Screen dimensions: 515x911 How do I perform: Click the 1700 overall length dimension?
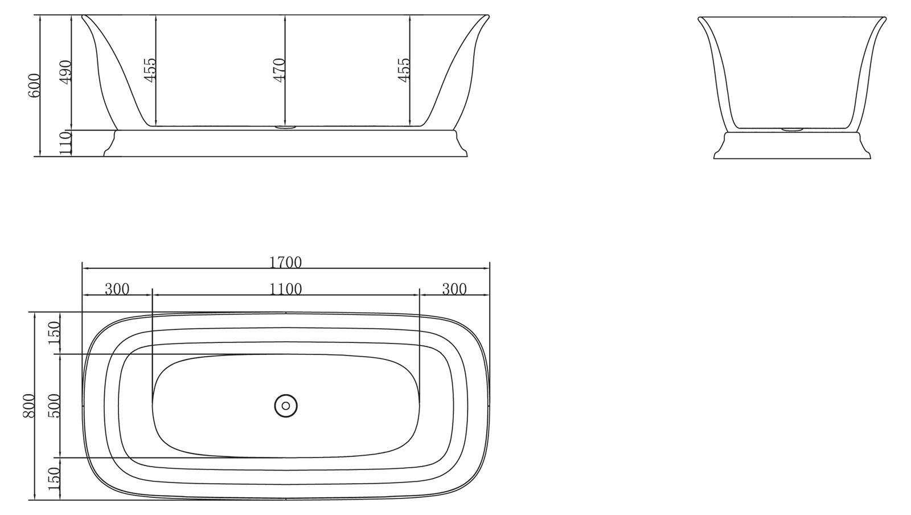(285, 262)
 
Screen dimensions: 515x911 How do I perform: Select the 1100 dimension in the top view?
(285, 289)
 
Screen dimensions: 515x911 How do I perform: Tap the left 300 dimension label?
(117, 289)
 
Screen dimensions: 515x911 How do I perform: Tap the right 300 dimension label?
(454, 289)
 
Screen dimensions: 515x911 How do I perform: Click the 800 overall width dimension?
(29, 406)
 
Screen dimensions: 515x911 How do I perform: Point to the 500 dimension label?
(54, 406)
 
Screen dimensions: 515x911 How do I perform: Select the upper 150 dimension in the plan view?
(54, 333)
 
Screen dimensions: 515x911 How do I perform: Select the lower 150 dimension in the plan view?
(54, 479)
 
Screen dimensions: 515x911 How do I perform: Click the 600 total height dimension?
(34, 85)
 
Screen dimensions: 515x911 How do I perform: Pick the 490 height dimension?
(65, 72)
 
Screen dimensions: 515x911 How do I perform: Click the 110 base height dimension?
(65, 143)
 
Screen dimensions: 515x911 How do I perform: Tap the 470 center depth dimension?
(279, 70)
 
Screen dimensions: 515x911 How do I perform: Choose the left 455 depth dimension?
(150, 70)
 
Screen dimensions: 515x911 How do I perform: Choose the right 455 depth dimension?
(404, 70)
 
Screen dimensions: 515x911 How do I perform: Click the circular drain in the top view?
(286, 406)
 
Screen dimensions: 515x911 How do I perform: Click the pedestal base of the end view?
(791, 146)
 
